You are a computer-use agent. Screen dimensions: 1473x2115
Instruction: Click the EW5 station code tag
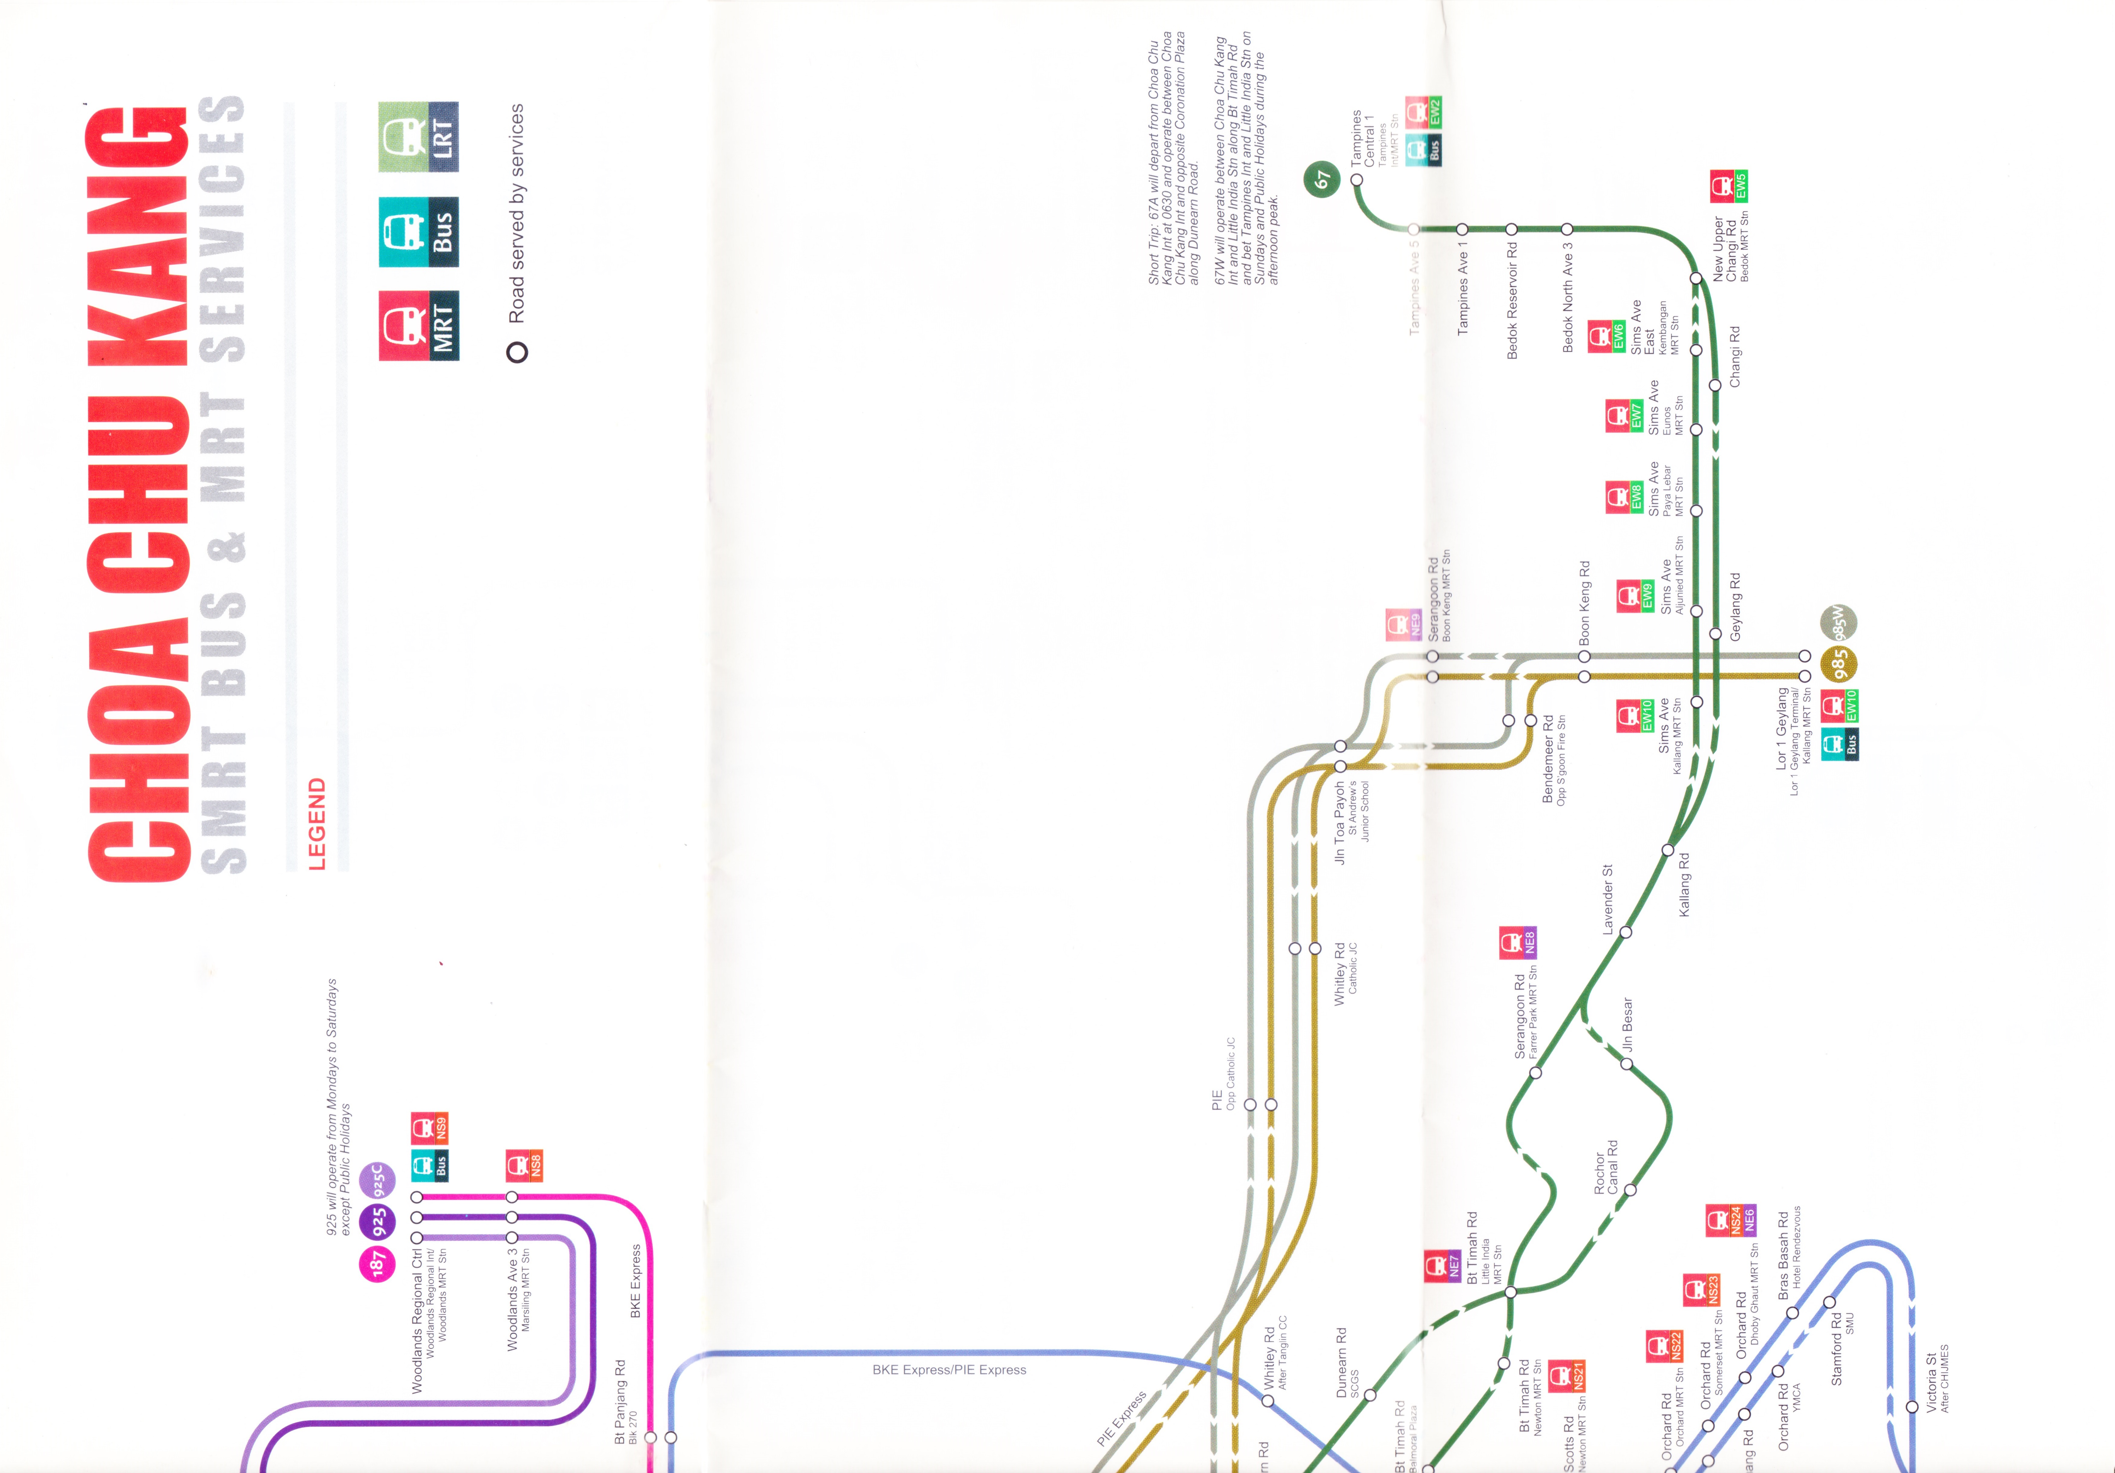click(x=1740, y=186)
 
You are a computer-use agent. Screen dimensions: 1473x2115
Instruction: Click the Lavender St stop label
click(x=1608, y=899)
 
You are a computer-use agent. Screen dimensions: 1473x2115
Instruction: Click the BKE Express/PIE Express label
click(x=949, y=1370)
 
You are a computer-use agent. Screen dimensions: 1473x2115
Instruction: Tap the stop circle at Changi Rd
click(x=1714, y=385)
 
